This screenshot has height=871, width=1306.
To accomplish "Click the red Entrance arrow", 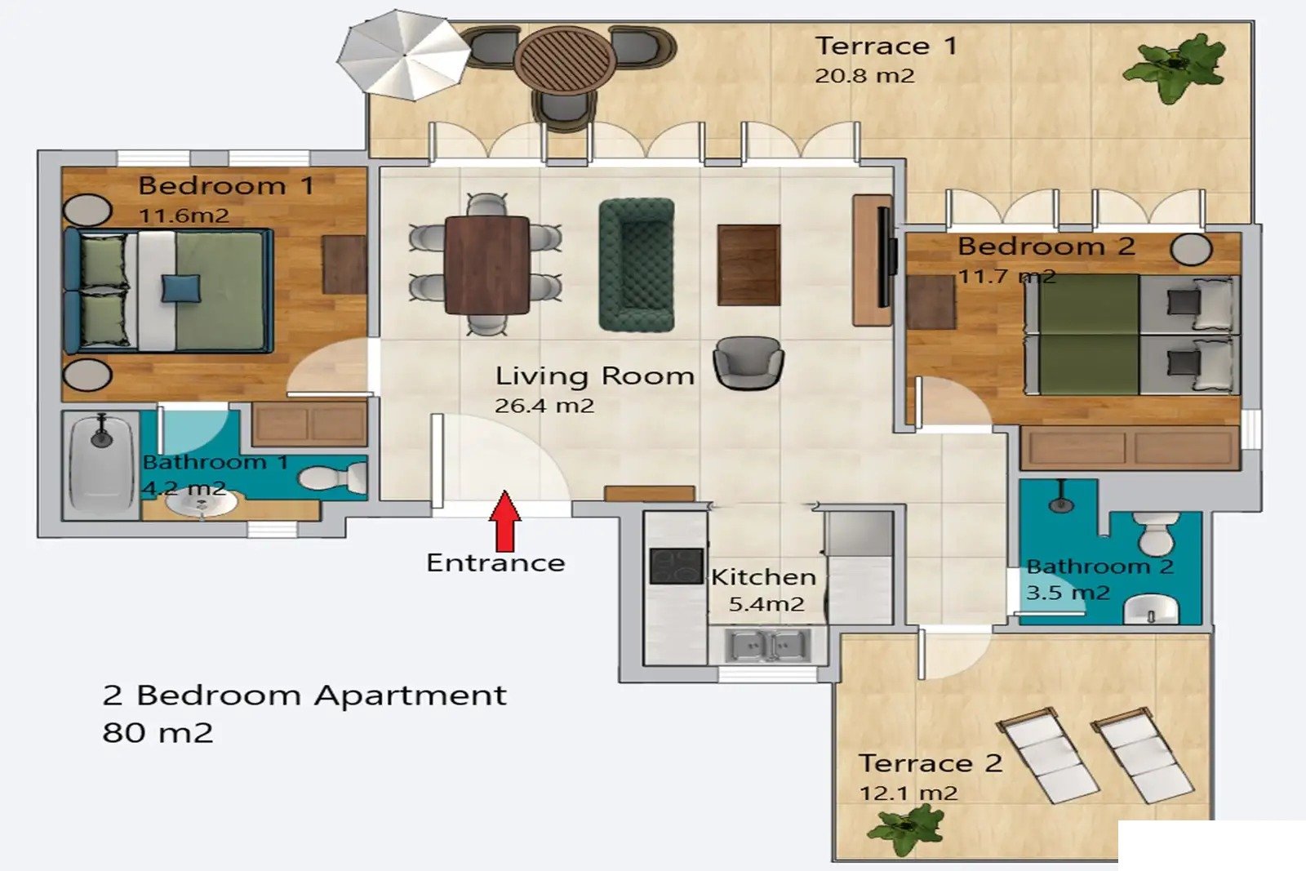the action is coord(504,521).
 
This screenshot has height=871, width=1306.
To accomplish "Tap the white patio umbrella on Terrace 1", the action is coord(403,56).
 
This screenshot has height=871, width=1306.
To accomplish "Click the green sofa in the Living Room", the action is coord(637,265).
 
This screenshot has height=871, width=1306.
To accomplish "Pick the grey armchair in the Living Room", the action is coord(749,362).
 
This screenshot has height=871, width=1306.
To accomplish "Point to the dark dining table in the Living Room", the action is coord(486,265).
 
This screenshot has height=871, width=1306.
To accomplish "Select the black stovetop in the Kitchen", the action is coord(677,566).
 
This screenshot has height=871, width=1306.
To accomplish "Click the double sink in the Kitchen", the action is coord(767,646).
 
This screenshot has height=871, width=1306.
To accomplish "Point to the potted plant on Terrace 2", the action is coord(904,829).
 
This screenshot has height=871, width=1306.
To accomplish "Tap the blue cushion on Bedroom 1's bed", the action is coord(180,288).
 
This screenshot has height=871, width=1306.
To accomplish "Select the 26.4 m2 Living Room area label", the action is coord(544,406).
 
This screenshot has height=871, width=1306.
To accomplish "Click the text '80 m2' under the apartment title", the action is coord(158,733).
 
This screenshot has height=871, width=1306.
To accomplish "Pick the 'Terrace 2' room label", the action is coord(931,763).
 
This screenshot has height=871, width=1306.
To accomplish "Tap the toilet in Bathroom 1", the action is coord(333,477).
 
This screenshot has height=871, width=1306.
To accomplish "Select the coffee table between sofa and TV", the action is coord(749,265).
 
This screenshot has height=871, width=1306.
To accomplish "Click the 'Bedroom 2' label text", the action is coord(1046,247).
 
